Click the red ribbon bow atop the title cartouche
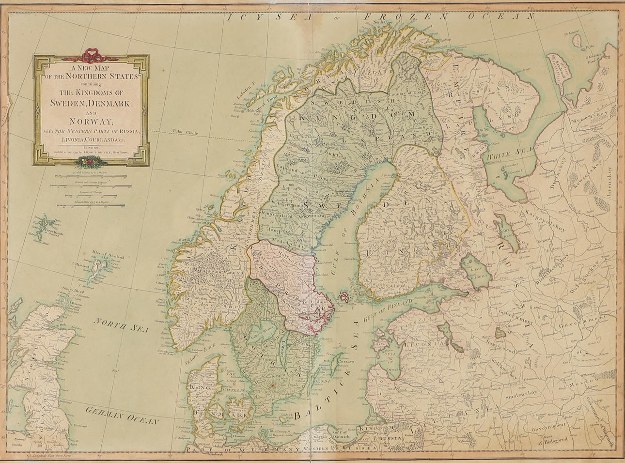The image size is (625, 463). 90,55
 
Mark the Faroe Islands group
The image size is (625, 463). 44,227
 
